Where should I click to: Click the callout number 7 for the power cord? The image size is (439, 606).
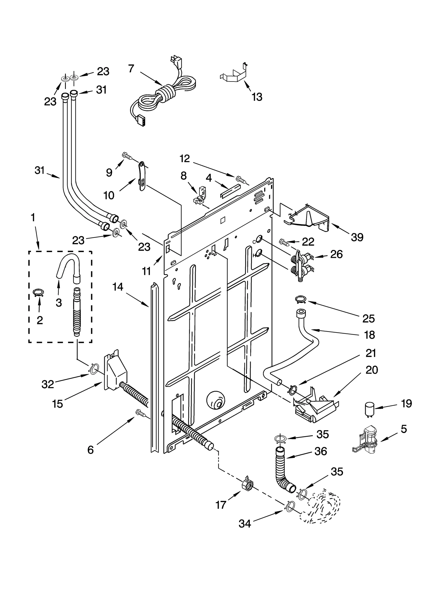click(x=131, y=69)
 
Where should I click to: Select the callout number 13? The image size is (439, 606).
click(x=257, y=97)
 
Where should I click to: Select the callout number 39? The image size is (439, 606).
click(x=357, y=237)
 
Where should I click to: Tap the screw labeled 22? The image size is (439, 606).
click(x=284, y=242)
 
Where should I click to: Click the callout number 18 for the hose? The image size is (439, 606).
click(x=370, y=335)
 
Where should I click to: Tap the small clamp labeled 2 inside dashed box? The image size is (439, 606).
click(x=39, y=293)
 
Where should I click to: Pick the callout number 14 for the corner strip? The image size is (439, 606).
click(x=118, y=287)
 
